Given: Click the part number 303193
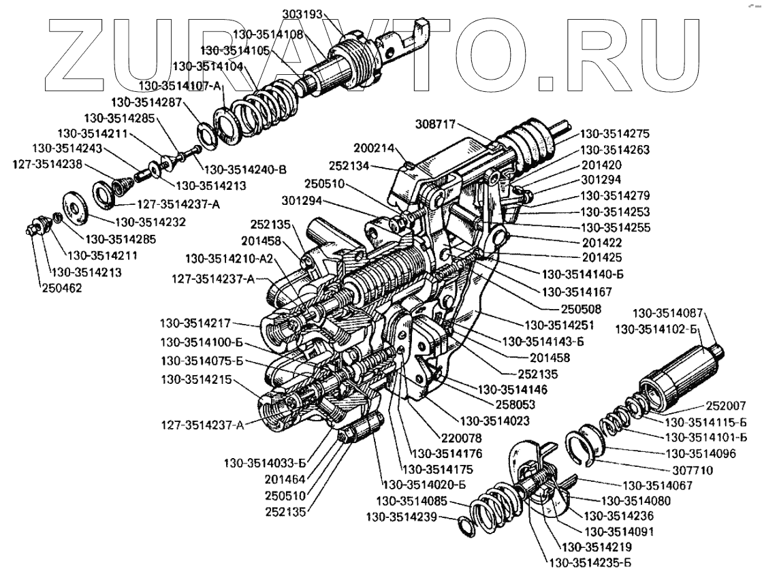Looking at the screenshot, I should click(x=304, y=13).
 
